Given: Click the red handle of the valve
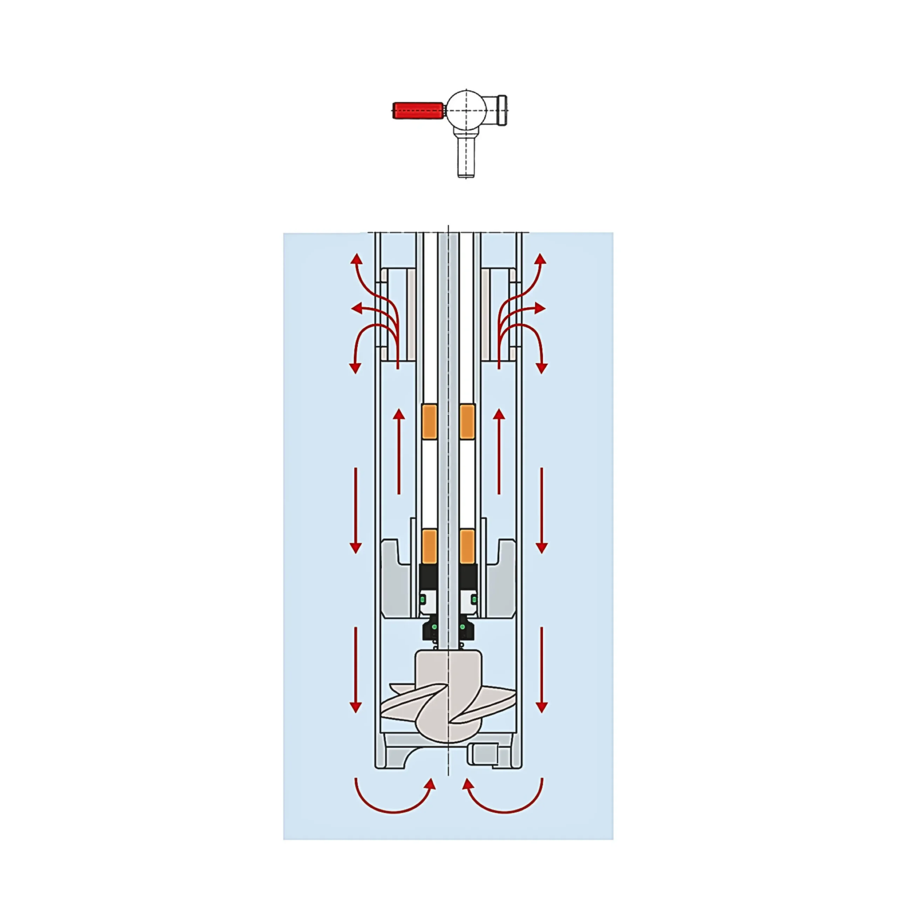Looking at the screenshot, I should point(417,110).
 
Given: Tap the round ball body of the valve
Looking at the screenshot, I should point(466,110).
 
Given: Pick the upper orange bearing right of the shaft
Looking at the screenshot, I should point(467,421).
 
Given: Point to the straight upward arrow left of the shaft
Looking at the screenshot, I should point(399,450).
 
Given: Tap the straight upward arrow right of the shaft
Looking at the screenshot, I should point(499,450).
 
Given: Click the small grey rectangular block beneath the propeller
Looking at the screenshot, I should point(483,754).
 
